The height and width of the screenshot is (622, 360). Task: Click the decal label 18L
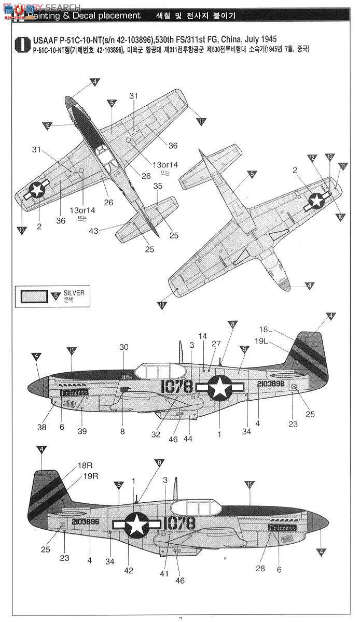pos(265,329)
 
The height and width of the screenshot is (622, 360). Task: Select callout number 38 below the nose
pos(41,428)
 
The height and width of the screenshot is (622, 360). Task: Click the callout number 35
pos(158,186)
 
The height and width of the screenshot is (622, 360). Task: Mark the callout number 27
pos(216,343)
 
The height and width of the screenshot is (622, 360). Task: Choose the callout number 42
pos(129,571)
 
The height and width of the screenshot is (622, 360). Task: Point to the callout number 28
pos(260,569)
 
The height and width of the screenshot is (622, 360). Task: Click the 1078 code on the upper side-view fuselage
pos(177,386)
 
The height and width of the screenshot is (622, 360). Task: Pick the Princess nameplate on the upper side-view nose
pos(74,393)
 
